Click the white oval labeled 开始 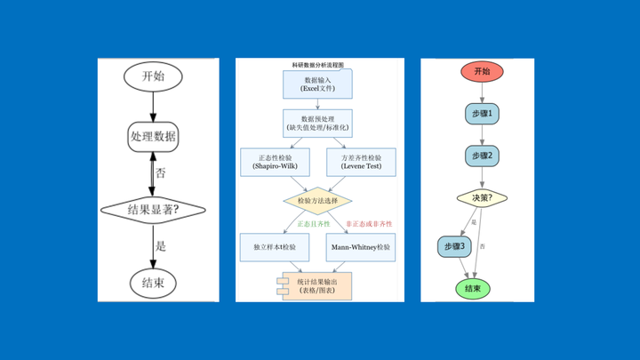point(153,76)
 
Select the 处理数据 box point(153,137)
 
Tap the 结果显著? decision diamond point(153,210)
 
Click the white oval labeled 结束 point(153,283)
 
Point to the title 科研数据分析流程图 point(318,65)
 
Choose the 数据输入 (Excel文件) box point(318,84)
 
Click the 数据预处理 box point(318,123)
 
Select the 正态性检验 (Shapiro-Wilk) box point(275,162)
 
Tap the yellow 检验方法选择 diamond point(318,201)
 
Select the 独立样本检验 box point(275,246)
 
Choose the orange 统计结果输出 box point(318,286)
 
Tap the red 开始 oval point(482,71)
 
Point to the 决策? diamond point(482,197)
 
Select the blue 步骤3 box point(454,245)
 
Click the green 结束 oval point(473,289)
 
